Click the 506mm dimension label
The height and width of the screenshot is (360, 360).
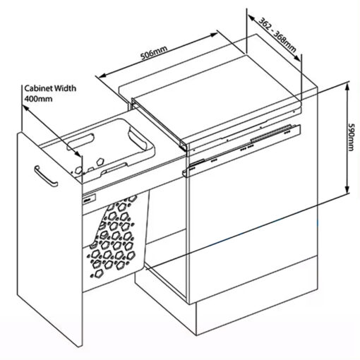click(154, 53)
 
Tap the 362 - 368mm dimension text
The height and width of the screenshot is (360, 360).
click(277, 35)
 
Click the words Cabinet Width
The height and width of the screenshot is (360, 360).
click(50, 88)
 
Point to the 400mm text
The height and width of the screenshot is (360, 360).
click(38, 99)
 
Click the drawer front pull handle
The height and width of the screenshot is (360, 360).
click(46, 176)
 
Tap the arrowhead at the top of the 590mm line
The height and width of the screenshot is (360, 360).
click(347, 87)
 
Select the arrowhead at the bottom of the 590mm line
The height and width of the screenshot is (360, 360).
click(347, 189)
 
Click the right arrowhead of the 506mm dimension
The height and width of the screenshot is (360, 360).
click(214, 35)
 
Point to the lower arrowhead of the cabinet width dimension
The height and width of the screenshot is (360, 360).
click(78, 153)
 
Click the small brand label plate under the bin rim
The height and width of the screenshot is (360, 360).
click(89, 199)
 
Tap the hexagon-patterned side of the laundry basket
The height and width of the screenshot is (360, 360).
click(113, 238)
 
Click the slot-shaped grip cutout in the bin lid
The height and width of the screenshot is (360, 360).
click(80, 142)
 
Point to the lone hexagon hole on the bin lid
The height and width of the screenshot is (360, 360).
click(100, 161)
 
